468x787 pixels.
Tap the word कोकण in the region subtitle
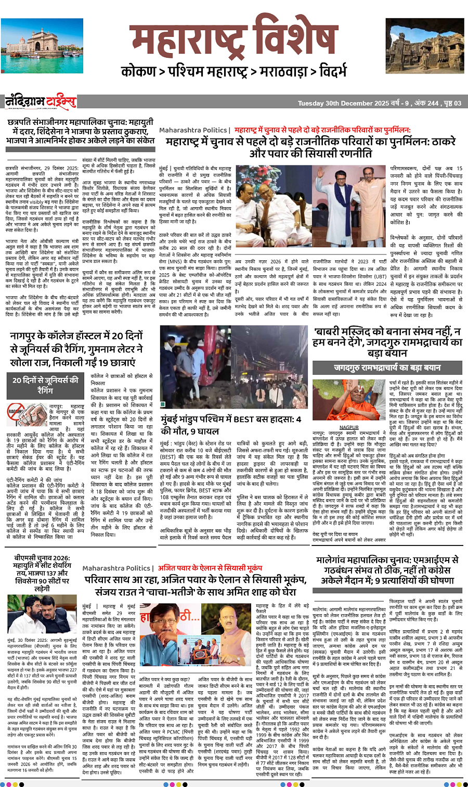[139, 71]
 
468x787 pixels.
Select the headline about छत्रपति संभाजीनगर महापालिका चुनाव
[81, 131]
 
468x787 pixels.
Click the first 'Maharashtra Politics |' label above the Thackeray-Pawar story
[193, 130]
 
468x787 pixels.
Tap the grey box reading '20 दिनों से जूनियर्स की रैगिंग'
[45, 385]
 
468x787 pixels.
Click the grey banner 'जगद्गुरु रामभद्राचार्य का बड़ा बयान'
[387, 367]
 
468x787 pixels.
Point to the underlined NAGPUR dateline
[349, 427]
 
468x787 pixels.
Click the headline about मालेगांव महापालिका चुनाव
[387, 570]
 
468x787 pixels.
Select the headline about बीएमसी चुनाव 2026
[42, 573]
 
